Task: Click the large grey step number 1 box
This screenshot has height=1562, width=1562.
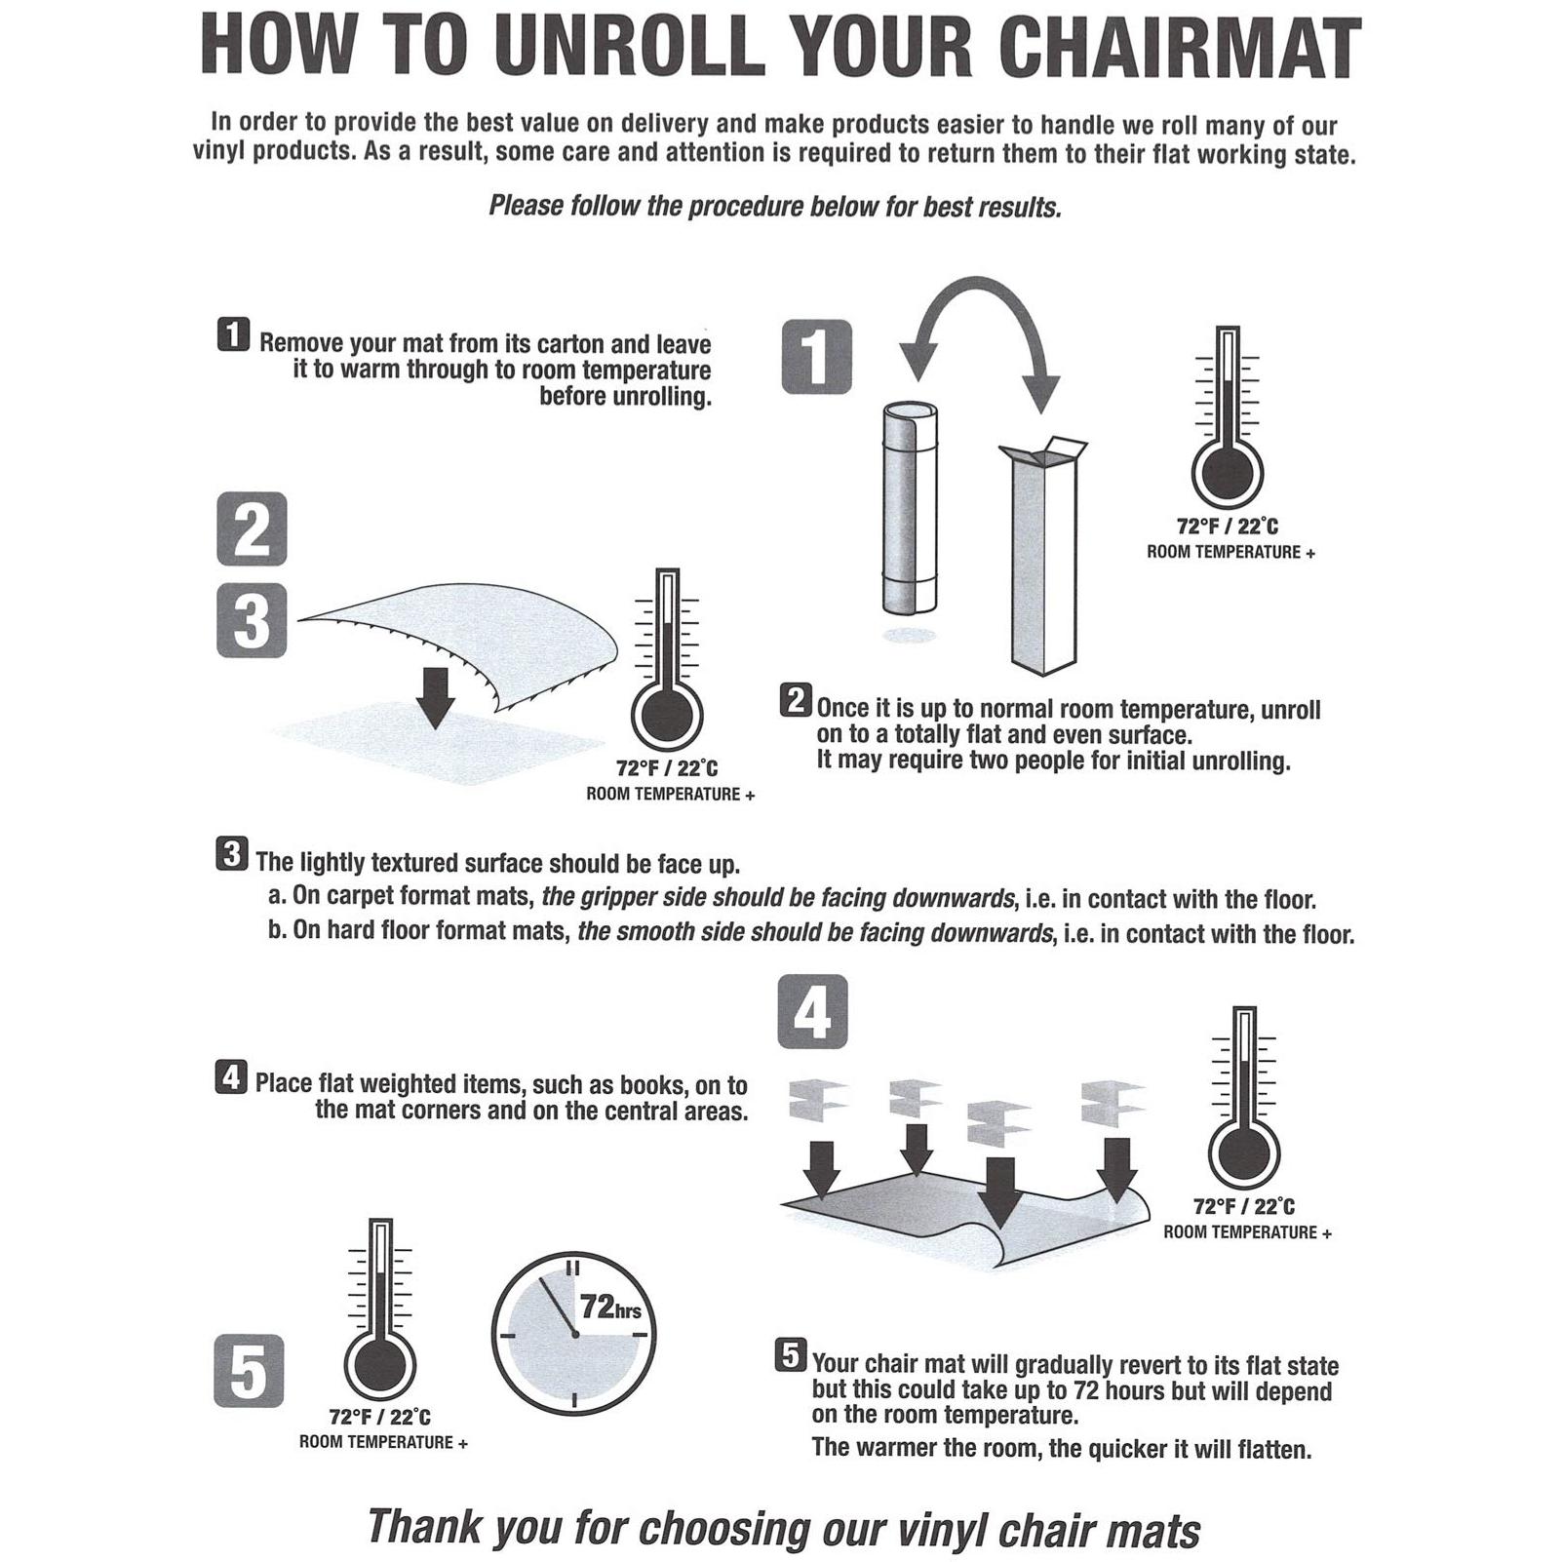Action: click(817, 357)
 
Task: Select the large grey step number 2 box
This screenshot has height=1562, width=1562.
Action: click(252, 528)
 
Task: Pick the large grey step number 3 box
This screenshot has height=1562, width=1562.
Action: click(252, 620)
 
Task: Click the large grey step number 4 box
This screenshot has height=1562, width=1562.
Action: click(812, 1012)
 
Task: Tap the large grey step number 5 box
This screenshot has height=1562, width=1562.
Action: click(249, 1371)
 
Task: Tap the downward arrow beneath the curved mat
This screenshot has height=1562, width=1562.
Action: click(436, 698)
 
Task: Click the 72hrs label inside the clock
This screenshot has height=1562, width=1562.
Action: click(611, 1307)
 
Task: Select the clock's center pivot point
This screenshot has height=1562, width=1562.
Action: click(574, 1335)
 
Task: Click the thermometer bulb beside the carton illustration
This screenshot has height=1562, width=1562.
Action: click(1228, 472)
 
